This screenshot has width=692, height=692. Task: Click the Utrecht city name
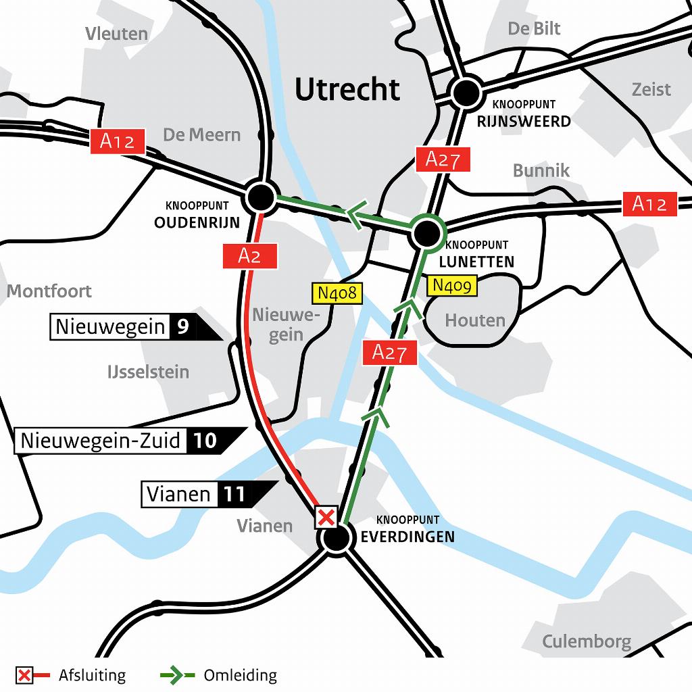(347, 89)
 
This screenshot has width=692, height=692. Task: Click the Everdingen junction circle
(336, 539)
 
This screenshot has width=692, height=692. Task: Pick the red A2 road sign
(249, 255)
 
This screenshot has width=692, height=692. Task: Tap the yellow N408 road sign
(337, 293)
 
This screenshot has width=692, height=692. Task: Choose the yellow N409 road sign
(452, 286)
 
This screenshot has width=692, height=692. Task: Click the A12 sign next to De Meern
(118, 141)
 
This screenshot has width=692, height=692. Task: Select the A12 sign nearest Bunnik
(649, 203)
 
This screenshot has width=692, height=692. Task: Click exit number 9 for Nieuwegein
(182, 328)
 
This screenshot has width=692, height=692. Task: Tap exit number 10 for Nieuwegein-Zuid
(205, 441)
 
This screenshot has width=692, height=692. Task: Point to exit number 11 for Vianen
(234, 495)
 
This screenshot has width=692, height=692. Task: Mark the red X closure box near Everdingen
(326, 518)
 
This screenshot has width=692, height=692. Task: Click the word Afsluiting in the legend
(92, 675)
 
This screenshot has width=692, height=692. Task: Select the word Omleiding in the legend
(240, 675)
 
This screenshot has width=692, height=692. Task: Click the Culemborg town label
(586, 641)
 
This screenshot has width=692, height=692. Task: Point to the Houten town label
(475, 320)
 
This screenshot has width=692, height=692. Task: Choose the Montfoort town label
(49, 291)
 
